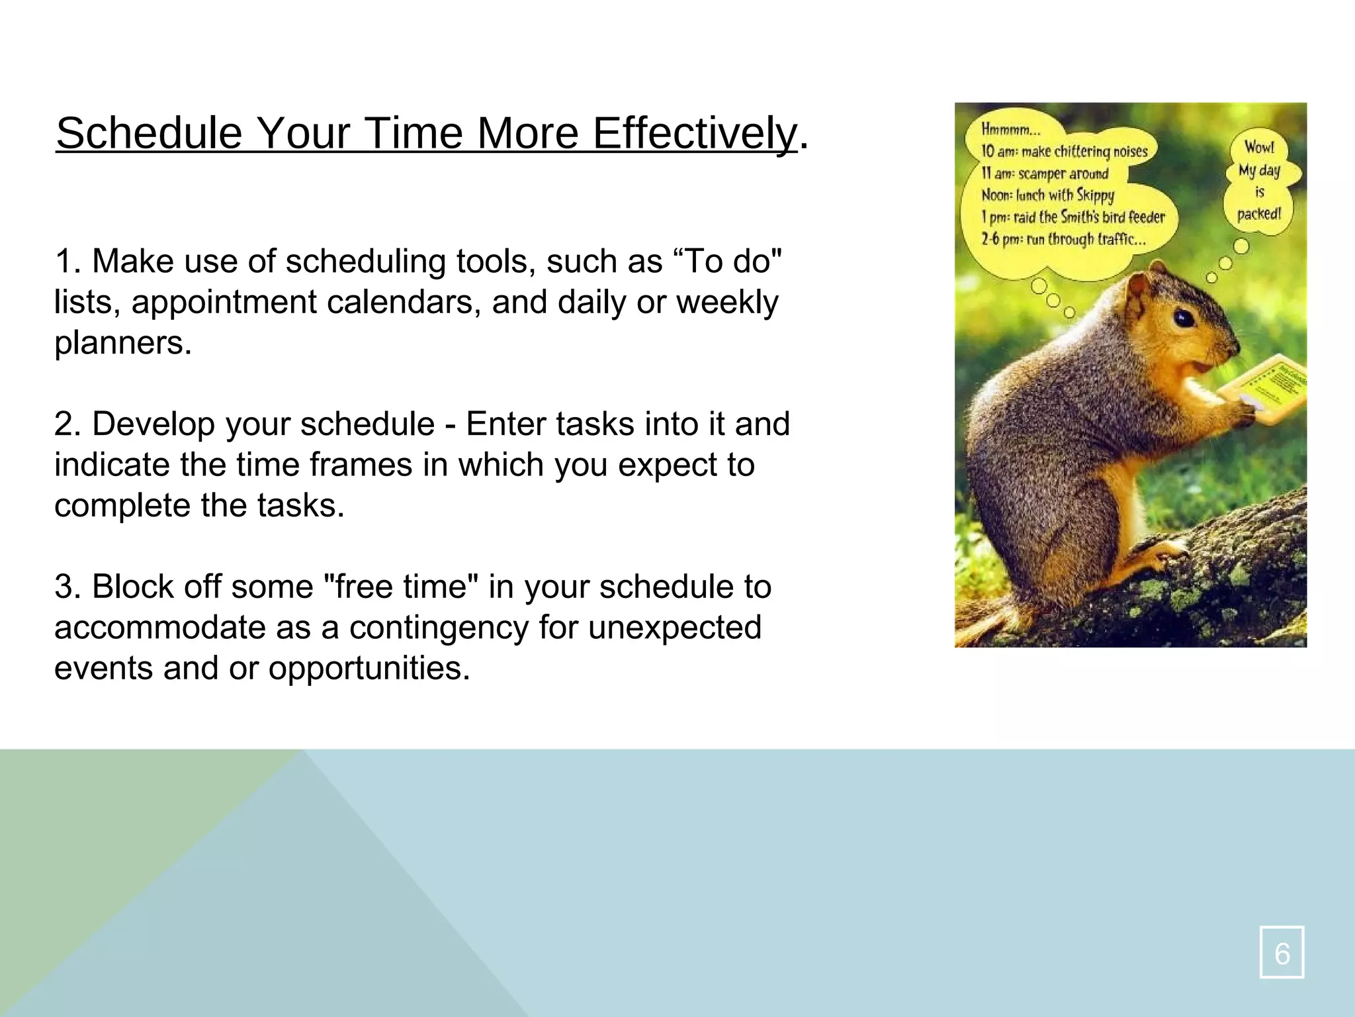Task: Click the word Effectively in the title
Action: coord(695,134)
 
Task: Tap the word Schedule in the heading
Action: coord(150,134)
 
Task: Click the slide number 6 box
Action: coord(1282,952)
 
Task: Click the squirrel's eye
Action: coord(1184,318)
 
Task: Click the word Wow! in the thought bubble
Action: coord(1259,147)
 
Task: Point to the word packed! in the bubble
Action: coord(1259,214)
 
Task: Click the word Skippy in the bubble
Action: coord(1095,195)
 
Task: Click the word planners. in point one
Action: coord(123,343)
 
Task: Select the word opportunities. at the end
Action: coord(369,668)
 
